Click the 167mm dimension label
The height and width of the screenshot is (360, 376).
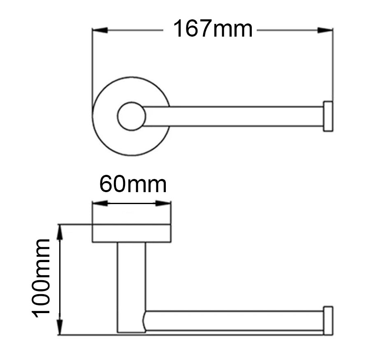click(x=212, y=30)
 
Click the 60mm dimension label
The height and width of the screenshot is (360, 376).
click(x=132, y=185)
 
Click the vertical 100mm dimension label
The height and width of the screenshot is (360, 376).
click(x=42, y=278)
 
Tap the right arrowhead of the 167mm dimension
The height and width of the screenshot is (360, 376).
click(x=325, y=30)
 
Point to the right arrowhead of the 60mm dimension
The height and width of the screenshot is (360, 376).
click(x=163, y=203)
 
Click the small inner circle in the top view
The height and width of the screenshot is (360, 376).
click(x=131, y=116)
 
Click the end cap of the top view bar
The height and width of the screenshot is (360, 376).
click(x=328, y=116)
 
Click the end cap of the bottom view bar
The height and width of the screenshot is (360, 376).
click(x=328, y=321)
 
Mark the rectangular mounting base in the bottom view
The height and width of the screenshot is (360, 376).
click(x=131, y=233)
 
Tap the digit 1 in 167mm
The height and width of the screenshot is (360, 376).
click(x=179, y=30)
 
